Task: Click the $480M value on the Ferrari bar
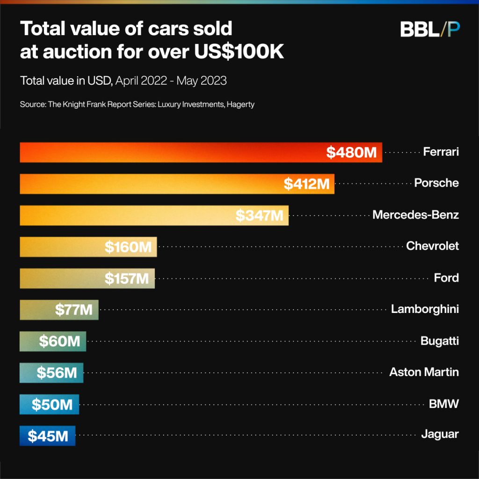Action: tap(351, 152)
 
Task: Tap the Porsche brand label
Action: tap(436, 183)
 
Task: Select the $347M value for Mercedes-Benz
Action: tap(259, 216)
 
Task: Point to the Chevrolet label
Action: tap(432, 246)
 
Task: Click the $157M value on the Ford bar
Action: tap(126, 279)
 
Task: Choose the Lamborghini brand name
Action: tap(425, 309)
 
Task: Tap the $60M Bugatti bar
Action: tap(53, 341)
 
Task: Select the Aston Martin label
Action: tap(424, 372)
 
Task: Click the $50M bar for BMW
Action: tap(50, 404)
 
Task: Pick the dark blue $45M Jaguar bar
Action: tap(47, 436)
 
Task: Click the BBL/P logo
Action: tap(430, 29)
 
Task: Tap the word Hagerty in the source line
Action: tap(240, 104)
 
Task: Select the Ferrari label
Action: tap(441, 152)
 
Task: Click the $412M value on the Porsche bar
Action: tap(306, 184)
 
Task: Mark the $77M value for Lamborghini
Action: tap(73, 310)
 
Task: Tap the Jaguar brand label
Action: tap(440, 435)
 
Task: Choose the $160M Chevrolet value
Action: tap(128, 247)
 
